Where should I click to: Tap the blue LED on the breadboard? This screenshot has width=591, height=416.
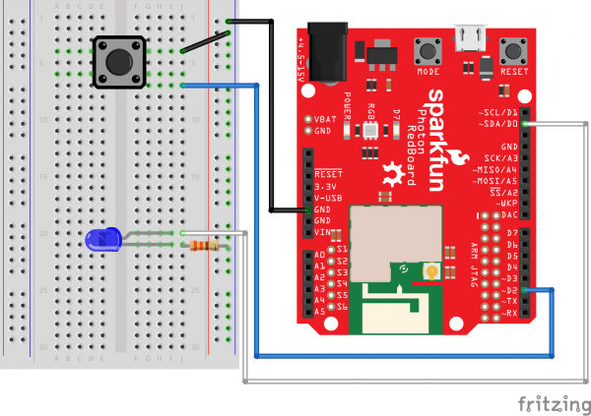tap(103, 238)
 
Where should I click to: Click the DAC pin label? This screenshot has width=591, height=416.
tap(509, 214)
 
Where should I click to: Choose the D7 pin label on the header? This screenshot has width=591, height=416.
tap(510, 232)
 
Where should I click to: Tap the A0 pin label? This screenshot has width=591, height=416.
tap(319, 253)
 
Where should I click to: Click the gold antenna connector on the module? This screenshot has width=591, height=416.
tap(430, 270)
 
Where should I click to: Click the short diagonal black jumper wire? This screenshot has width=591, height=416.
tap(208, 41)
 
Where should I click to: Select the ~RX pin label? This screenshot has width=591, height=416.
tap(507, 313)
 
